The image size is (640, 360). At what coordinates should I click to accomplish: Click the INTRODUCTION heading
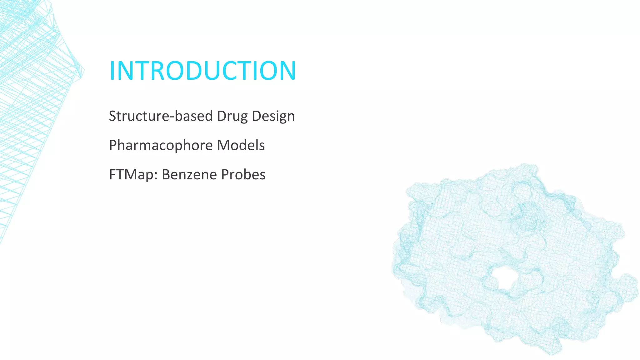202,71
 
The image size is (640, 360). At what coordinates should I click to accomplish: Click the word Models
241,145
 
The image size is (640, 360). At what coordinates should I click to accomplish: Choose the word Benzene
189,175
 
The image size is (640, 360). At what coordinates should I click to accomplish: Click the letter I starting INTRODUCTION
112,71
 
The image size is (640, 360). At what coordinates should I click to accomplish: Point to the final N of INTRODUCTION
287,71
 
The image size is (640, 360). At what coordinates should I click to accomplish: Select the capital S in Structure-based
113,116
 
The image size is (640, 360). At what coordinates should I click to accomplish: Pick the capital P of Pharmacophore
113,146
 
